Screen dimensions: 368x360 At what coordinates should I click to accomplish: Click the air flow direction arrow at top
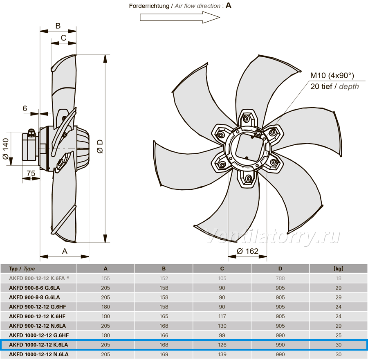click(180, 17)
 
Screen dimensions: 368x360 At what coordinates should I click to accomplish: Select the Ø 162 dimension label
click(247, 251)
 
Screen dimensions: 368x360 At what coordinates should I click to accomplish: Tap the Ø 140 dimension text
click(6, 149)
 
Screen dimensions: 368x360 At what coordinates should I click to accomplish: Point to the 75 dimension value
click(31, 173)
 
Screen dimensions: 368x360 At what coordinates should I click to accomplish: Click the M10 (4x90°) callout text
click(332, 75)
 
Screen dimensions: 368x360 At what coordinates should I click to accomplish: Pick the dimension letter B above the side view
click(58, 26)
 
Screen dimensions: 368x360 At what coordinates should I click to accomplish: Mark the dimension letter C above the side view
click(63, 38)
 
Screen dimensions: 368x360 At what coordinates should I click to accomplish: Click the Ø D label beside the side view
click(100, 146)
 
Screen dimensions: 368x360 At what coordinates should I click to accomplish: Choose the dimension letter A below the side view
click(65, 251)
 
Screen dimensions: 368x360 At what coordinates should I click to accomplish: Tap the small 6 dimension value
click(25, 108)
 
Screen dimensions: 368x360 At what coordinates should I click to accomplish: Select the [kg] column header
click(338, 269)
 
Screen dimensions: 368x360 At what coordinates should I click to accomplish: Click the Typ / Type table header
click(22, 269)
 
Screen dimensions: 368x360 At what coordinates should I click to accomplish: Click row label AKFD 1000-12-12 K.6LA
click(38, 345)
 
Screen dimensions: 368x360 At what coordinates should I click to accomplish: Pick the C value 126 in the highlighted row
click(222, 345)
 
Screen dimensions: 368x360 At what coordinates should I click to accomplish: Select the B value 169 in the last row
click(164, 354)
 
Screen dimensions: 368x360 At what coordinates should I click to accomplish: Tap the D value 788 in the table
click(280, 278)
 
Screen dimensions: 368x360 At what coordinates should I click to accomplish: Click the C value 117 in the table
click(222, 316)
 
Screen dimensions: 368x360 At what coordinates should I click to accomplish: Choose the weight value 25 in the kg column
click(338, 335)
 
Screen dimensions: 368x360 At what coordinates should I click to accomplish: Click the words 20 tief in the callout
click(321, 86)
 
